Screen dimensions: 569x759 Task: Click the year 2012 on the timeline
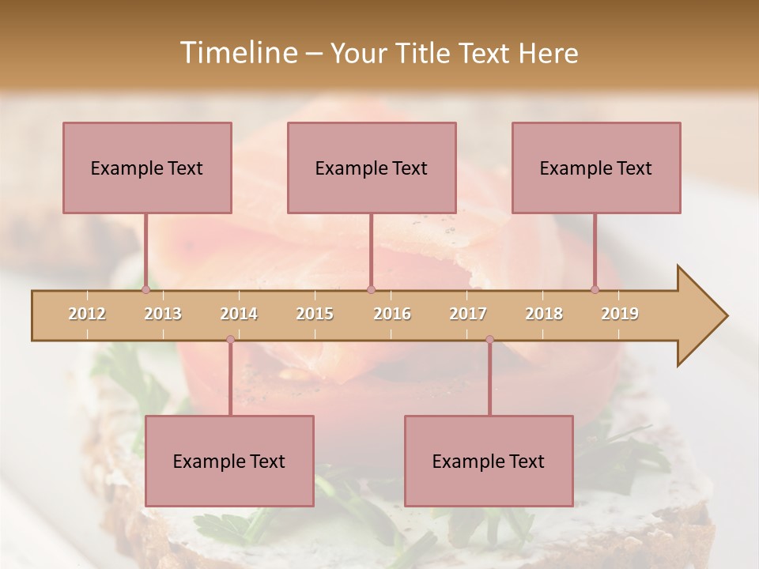click(x=87, y=314)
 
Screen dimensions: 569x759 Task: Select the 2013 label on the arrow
click(x=163, y=314)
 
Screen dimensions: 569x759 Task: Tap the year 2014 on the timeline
click(x=239, y=314)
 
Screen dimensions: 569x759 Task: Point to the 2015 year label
click(x=315, y=314)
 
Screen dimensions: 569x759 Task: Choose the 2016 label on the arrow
click(x=392, y=314)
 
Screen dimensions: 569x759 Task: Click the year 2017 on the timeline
click(x=468, y=314)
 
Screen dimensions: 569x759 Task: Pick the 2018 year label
click(x=544, y=314)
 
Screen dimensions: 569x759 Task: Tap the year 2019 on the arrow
click(x=620, y=314)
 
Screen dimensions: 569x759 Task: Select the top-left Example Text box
click(x=147, y=168)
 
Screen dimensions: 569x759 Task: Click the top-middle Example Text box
click(x=372, y=168)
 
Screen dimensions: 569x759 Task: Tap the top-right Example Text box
click(x=596, y=168)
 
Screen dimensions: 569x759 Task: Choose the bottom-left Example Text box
click(x=229, y=461)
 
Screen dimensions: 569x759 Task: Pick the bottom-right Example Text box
click(x=489, y=461)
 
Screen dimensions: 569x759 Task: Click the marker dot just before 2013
click(x=145, y=290)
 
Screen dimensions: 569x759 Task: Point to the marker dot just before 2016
click(x=371, y=290)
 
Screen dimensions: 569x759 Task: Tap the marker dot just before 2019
click(x=595, y=290)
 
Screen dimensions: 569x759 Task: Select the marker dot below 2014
click(x=230, y=340)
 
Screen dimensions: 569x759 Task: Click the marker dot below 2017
click(x=489, y=340)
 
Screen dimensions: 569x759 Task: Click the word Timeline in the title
click(x=237, y=53)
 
